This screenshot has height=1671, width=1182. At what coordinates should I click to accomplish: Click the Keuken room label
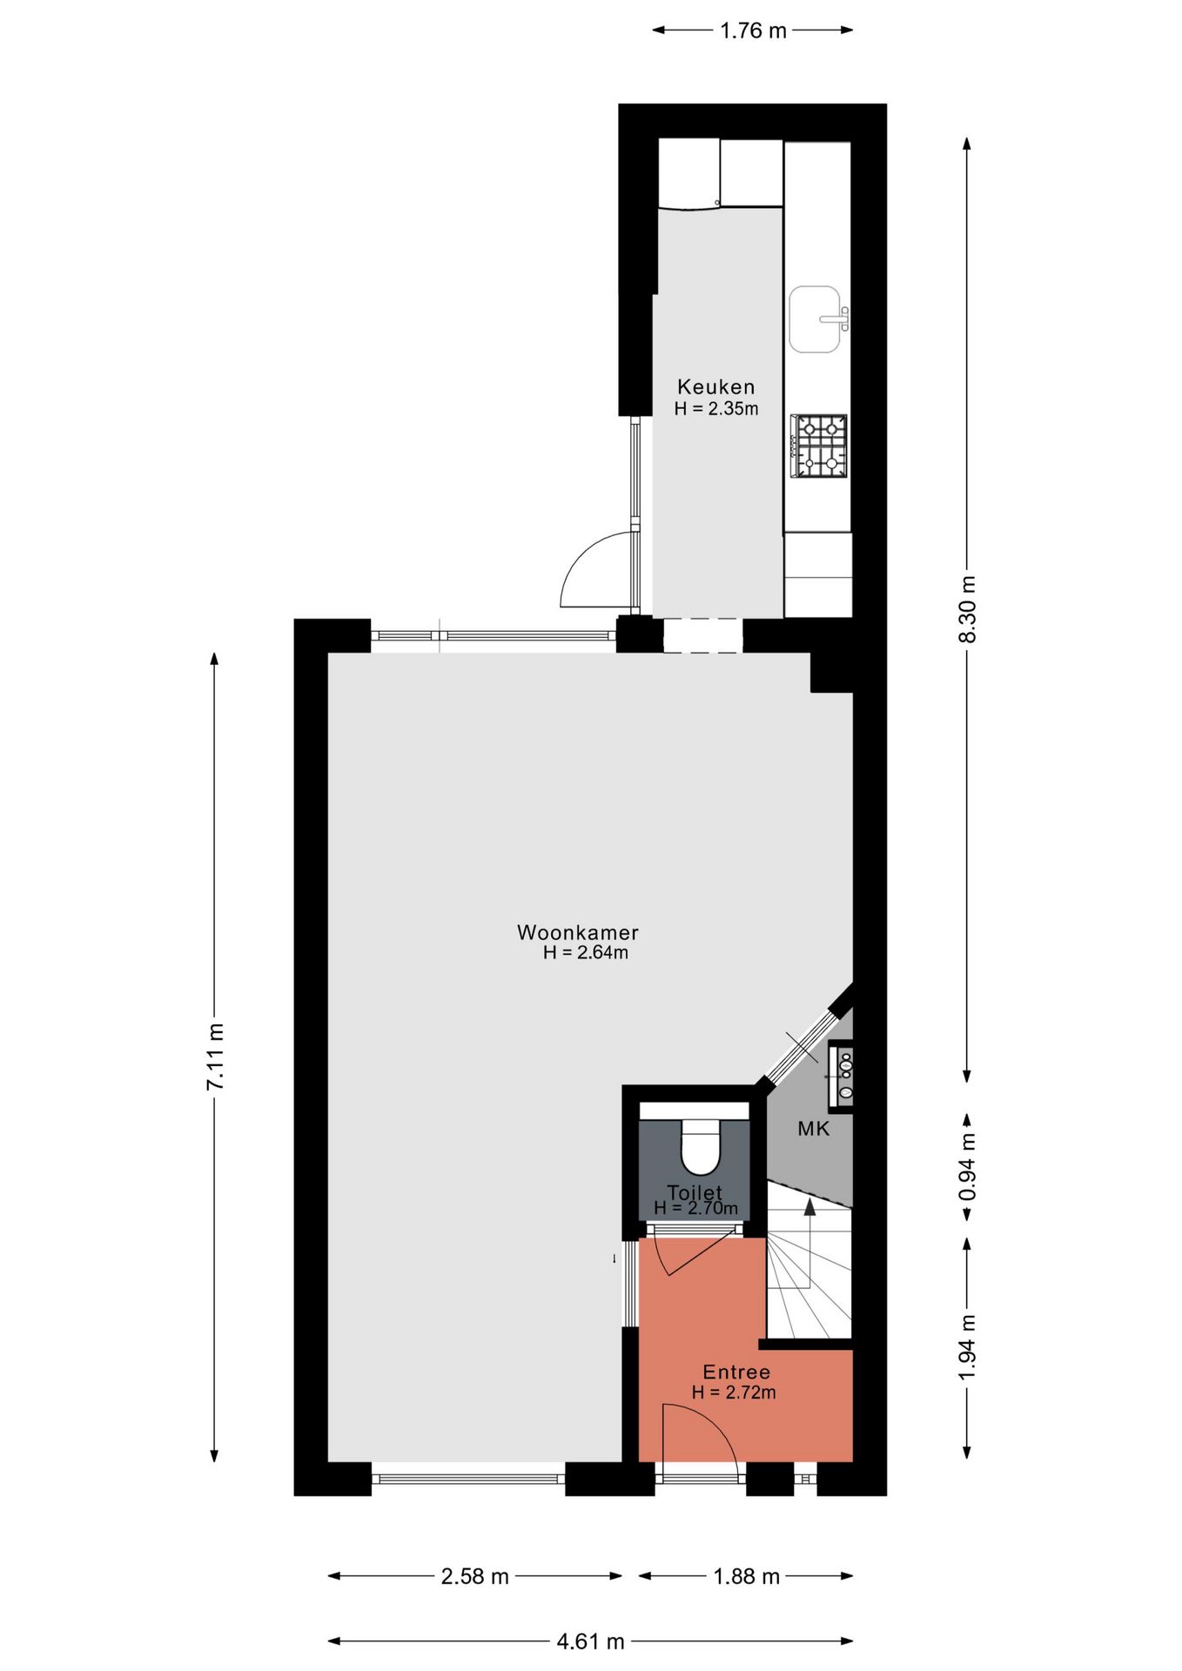pos(715,386)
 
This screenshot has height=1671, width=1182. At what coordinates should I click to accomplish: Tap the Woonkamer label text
pos(577,932)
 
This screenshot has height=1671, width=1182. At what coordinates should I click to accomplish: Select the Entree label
pos(736,1372)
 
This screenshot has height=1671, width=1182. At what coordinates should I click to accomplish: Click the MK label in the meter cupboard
pos(813,1129)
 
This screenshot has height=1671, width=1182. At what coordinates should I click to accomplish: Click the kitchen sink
pos(816,319)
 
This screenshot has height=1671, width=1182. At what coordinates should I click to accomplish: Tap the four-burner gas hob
pos(819,446)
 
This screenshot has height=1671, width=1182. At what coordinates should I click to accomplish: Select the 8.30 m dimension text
pos(967,608)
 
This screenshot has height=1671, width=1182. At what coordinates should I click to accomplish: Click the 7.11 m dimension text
pos(215,1056)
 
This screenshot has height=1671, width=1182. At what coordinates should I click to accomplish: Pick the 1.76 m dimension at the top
pos(753,31)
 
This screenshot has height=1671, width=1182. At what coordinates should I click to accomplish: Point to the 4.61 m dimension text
pos(590,1641)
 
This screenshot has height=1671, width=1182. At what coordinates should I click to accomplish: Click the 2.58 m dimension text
pos(474,1576)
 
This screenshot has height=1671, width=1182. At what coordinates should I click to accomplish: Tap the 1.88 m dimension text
pos(746,1576)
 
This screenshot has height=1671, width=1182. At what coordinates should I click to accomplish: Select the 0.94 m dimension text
pos(967,1166)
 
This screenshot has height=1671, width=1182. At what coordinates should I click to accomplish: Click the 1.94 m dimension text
pos(967,1346)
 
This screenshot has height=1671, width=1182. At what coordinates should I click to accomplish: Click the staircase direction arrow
pos(809,1206)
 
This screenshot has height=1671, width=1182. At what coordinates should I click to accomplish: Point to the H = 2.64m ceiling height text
pos(585,952)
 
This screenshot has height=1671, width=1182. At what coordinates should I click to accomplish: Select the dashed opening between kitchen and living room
pos(702,635)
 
